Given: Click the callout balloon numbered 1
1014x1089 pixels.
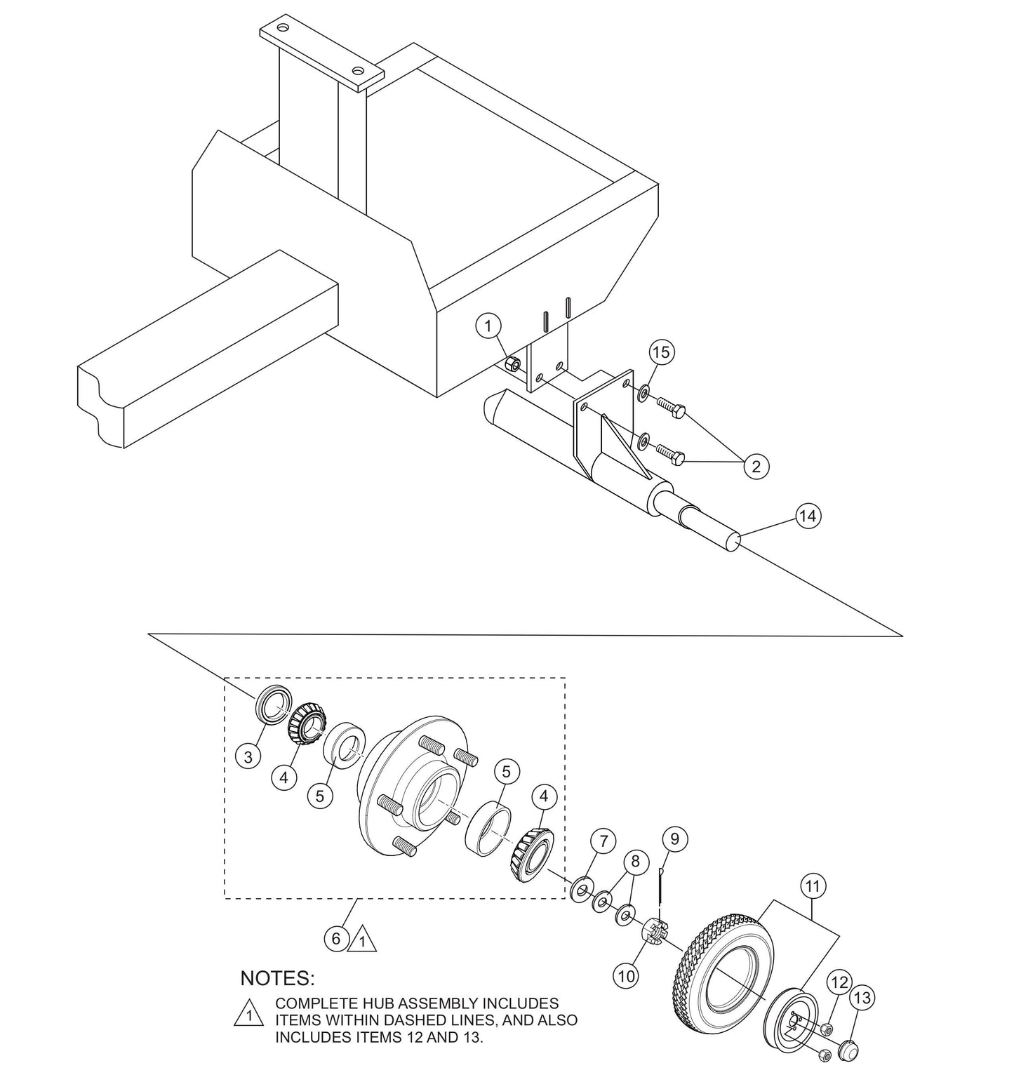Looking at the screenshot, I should [x=488, y=326].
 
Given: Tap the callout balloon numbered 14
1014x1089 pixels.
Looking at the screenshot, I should [x=808, y=516].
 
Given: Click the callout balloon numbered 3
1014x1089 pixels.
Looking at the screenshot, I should [x=248, y=756].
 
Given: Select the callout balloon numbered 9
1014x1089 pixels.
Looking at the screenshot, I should [x=674, y=839].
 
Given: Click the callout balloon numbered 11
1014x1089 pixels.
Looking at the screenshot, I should [x=812, y=887].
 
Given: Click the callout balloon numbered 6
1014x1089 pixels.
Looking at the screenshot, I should [x=336, y=938].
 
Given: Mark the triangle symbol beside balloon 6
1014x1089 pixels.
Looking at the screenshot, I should [x=363, y=940].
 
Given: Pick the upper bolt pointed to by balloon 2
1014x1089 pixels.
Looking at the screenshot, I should [x=671, y=408].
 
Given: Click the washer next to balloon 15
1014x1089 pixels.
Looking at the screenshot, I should [x=643, y=392].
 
